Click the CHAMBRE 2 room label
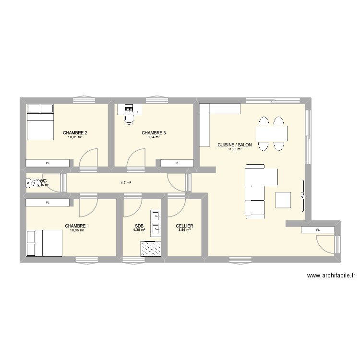click(75, 133)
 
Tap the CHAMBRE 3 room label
click(154, 133)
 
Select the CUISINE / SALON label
click(234, 144)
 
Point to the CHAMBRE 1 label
click(77, 226)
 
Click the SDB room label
click(139, 226)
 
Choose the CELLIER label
click(185, 226)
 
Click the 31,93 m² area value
click(234, 149)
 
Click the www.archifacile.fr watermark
click(332, 276)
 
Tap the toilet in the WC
click(34, 183)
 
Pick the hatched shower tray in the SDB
click(151, 248)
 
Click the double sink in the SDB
click(156, 223)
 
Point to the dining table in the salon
click(272, 132)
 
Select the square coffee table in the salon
click(283, 199)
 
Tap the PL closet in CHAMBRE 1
click(48, 203)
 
